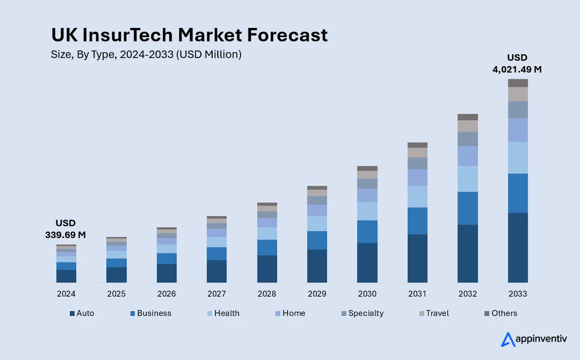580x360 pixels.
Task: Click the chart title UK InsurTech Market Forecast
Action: coord(189,35)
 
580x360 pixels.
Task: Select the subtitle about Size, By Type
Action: coord(146,54)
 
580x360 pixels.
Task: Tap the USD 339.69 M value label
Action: coord(66,228)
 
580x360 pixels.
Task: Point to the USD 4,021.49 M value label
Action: coord(517,63)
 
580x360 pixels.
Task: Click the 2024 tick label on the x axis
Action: coord(66,294)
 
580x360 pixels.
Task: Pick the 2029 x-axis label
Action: coord(317,294)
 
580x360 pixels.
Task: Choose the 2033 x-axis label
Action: coord(518,294)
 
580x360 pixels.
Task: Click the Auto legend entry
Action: coord(82,313)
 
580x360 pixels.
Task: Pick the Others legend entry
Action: coord(500,313)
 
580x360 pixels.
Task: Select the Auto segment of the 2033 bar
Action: coord(518,247)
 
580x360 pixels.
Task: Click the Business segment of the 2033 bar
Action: coord(518,193)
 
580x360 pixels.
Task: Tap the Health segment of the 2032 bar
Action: coord(467,178)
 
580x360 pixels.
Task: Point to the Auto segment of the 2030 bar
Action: coord(367,262)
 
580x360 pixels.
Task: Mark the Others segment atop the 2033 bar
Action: coord(518,83)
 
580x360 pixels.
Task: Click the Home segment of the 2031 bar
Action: coord(417,177)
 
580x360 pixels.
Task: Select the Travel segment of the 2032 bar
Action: coord(467,126)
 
